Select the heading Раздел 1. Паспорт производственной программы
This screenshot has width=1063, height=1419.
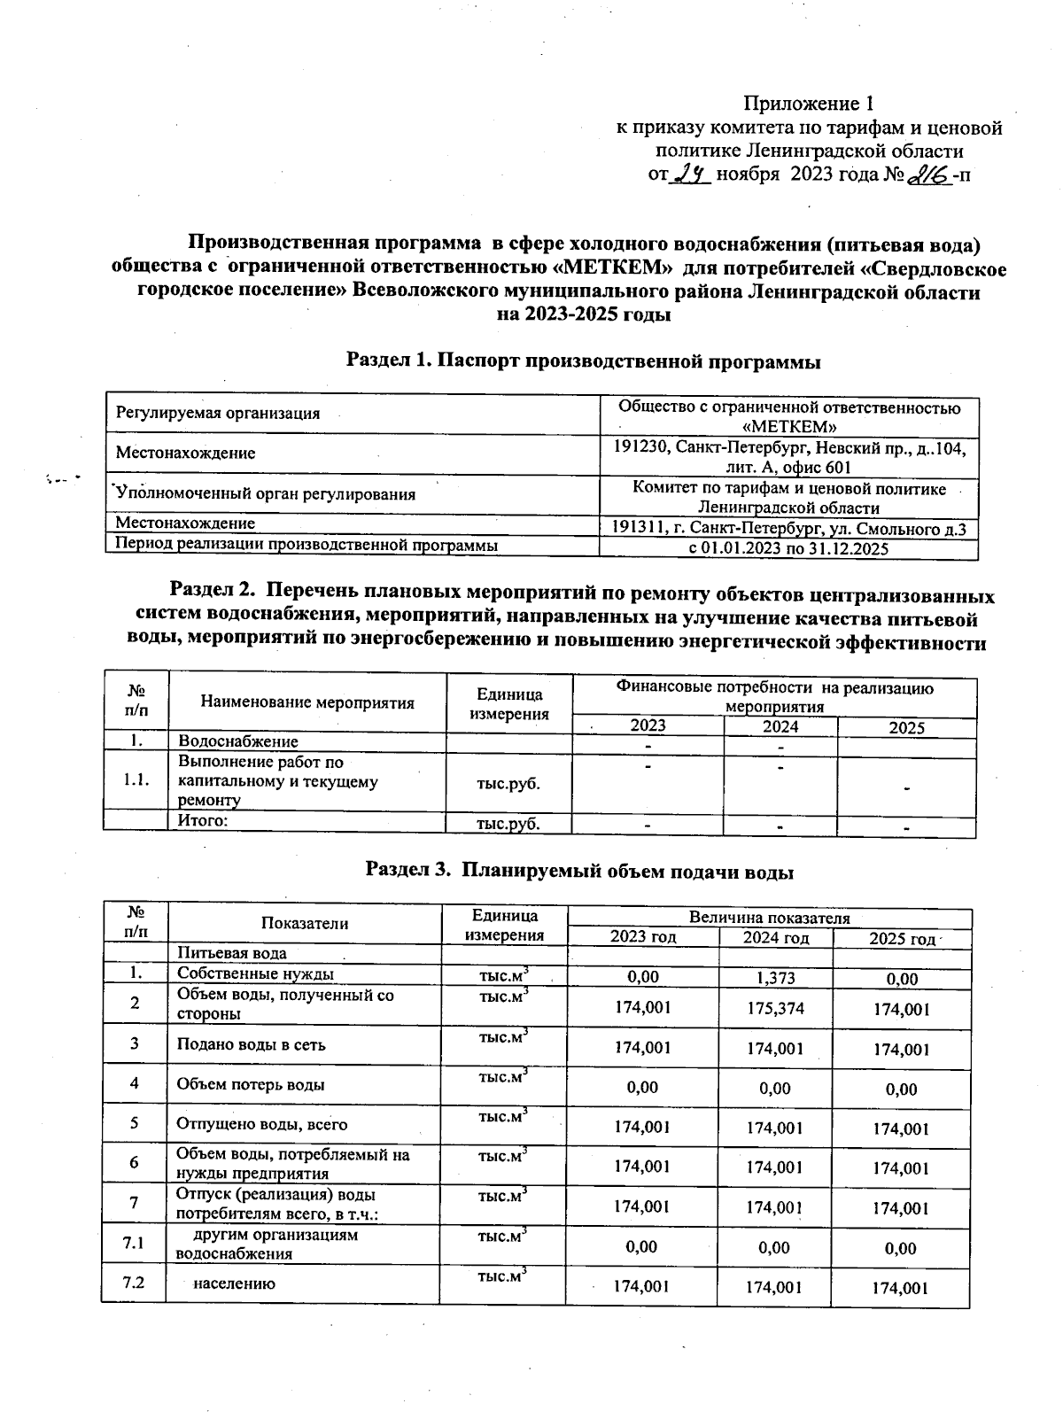coord(583,361)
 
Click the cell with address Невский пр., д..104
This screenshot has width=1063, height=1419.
coord(788,457)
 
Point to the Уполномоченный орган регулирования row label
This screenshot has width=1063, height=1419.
coord(266,494)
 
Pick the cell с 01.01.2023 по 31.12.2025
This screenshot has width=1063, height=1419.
coord(788,549)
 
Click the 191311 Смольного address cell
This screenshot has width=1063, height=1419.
coord(788,529)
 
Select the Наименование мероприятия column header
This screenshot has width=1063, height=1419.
coord(307,703)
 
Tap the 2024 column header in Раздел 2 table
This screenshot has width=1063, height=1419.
coord(780,726)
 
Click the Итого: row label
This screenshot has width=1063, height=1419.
coord(204,820)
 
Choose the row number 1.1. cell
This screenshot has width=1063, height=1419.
coord(136,780)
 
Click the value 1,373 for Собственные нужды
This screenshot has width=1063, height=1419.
coord(775,978)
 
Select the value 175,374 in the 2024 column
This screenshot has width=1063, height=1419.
coord(775,1008)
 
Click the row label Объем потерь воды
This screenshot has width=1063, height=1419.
coord(251,1084)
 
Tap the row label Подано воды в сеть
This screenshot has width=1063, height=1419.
coord(252,1044)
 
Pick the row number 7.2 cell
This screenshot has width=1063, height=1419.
coord(134,1283)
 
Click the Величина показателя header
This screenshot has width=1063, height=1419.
coord(769,918)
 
